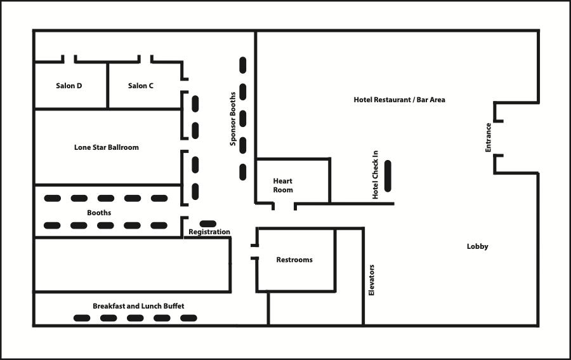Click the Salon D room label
(69, 86)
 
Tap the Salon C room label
(140, 86)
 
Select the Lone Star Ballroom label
(106, 147)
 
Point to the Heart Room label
(283, 185)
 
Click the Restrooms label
(294, 260)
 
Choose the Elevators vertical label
(372, 280)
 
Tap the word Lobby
(477, 246)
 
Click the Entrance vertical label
(488, 137)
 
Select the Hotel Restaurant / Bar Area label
(399, 100)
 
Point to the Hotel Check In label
(376, 175)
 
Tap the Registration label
(209, 232)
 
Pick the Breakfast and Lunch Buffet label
(138, 306)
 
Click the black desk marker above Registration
(207, 223)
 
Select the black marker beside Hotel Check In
(388, 176)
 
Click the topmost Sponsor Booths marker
(242, 65)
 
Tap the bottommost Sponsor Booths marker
(242, 171)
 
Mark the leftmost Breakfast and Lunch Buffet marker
(82, 317)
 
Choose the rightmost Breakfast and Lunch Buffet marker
(188, 317)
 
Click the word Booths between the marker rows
(99, 213)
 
